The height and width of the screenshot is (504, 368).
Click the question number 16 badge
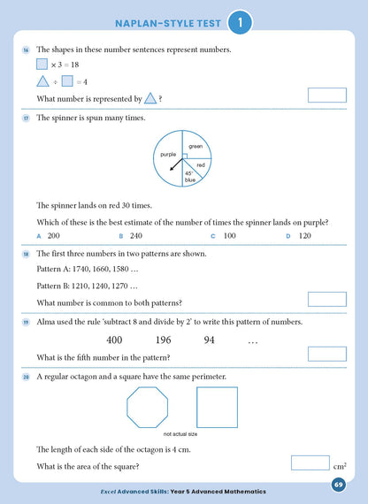26,50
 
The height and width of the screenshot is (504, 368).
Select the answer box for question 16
326,95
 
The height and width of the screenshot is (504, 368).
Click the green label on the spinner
195,146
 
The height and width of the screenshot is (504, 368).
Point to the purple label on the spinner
167,155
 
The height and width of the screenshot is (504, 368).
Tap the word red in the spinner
200,164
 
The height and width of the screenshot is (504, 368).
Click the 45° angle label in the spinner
189,174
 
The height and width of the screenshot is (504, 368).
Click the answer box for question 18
326,299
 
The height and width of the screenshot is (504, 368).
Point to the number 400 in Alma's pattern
114,340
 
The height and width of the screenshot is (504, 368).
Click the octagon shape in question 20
148,408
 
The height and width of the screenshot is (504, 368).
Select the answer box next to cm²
310,462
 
